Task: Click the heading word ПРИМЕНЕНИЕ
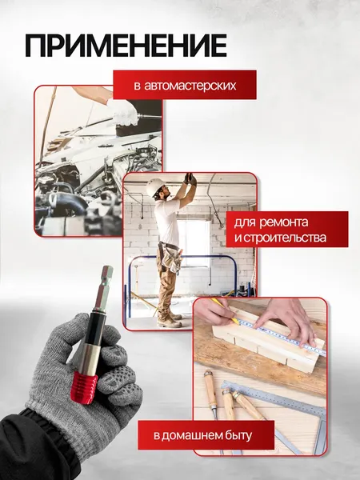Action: pos(126,46)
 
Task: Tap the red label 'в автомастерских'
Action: pos(184,84)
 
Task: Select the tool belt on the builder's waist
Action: pos(170,254)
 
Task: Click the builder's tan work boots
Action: pos(168,320)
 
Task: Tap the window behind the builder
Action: pos(195,240)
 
